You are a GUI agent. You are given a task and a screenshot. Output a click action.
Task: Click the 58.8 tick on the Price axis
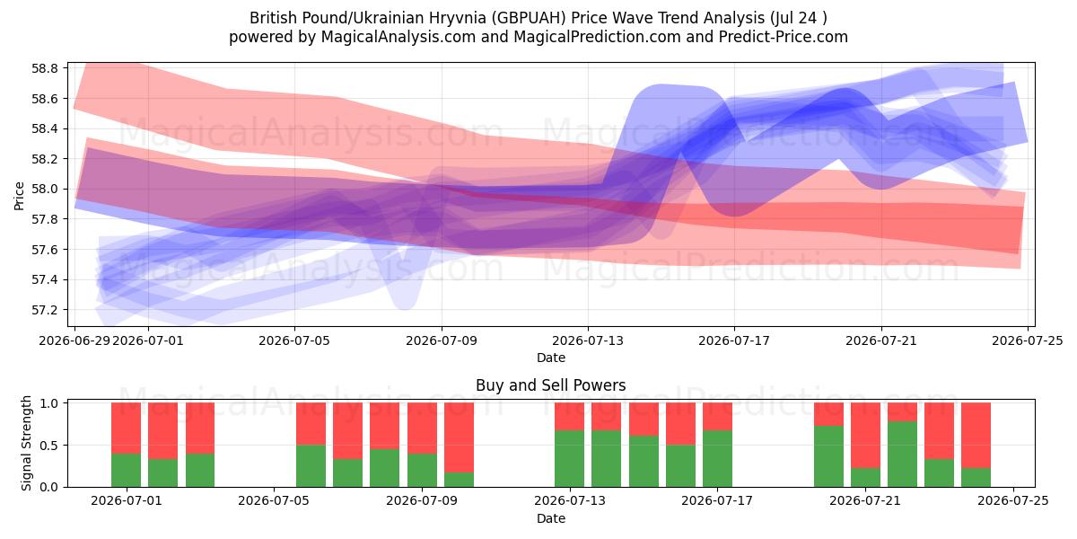pos(45,68)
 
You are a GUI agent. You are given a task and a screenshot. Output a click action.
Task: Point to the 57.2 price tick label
pos(45,310)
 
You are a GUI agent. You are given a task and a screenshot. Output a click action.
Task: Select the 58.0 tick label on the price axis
pos(45,190)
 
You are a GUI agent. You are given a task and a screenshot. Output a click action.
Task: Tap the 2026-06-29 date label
pos(74,340)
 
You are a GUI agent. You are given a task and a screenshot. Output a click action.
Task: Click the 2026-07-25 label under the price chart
pos(1028,340)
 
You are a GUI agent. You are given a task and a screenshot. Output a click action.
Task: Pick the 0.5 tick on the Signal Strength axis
pos(48,446)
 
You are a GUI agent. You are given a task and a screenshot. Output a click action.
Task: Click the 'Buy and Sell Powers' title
pos(550,385)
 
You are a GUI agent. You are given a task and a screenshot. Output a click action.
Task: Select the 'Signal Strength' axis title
pos(26,443)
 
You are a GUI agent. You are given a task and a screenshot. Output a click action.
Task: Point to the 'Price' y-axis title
pos(19,196)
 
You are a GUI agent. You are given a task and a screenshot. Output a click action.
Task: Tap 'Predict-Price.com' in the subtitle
pos(784,37)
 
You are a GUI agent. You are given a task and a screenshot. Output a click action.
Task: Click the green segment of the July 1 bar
pos(126,470)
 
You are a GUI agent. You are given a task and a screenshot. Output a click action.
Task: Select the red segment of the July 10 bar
pos(460,437)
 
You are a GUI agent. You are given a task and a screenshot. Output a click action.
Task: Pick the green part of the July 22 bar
pos(903,455)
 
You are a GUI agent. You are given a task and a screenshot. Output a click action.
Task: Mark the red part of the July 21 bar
pos(865,436)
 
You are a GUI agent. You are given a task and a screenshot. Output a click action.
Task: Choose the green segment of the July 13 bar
pos(569,459)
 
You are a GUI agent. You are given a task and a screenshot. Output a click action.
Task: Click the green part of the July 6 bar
pos(311,466)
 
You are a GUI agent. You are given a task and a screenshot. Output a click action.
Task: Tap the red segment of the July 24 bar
pos(976,436)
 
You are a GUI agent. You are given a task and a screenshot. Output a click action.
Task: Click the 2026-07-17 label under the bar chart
pos(717,501)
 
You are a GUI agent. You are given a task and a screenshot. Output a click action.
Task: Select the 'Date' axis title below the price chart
pos(551,358)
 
